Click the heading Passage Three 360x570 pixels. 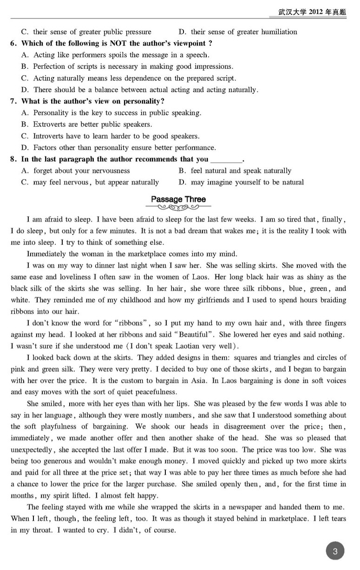point(178,199)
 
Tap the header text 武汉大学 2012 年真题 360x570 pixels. point(312,12)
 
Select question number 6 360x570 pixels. point(13,44)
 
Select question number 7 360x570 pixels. point(13,101)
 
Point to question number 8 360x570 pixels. point(13,159)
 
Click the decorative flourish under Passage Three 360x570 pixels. point(178,207)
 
